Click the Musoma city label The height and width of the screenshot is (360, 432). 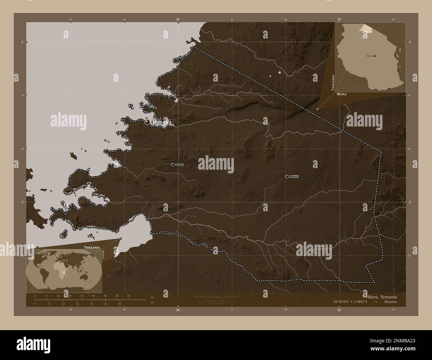click(163, 123)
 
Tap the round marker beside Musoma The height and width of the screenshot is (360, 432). click(148, 122)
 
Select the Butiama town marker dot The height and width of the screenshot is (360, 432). click(173, 164)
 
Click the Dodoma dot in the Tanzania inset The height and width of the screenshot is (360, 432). click(375, 56)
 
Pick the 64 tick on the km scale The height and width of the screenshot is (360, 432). click(128, 296)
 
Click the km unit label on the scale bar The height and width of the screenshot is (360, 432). click(152, 297)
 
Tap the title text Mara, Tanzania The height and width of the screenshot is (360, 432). click(382, 296)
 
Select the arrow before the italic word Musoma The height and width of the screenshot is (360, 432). click(375, 302)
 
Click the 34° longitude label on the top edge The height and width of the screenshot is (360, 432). click(178, 20)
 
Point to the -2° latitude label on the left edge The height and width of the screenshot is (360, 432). click(22, 202)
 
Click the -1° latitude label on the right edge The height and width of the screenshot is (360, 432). click(410, 42)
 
